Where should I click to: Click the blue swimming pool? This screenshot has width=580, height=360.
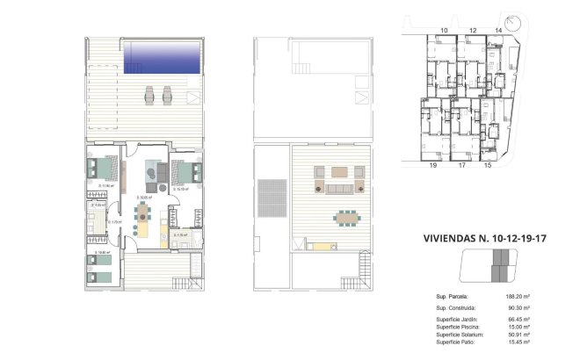(163, 59)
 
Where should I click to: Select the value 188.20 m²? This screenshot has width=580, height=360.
(515, 297)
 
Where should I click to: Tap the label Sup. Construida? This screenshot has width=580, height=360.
(456, 309)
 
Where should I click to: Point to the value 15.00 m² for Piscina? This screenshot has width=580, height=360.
(516, 327)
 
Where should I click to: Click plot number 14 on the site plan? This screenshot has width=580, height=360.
(498, 31)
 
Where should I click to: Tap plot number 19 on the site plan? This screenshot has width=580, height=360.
(432, 164)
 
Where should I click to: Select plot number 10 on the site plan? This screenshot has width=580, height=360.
(445, 31)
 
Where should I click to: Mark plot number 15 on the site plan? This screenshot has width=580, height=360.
(487, 164)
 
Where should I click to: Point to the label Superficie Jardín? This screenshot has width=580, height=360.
(458, 319)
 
